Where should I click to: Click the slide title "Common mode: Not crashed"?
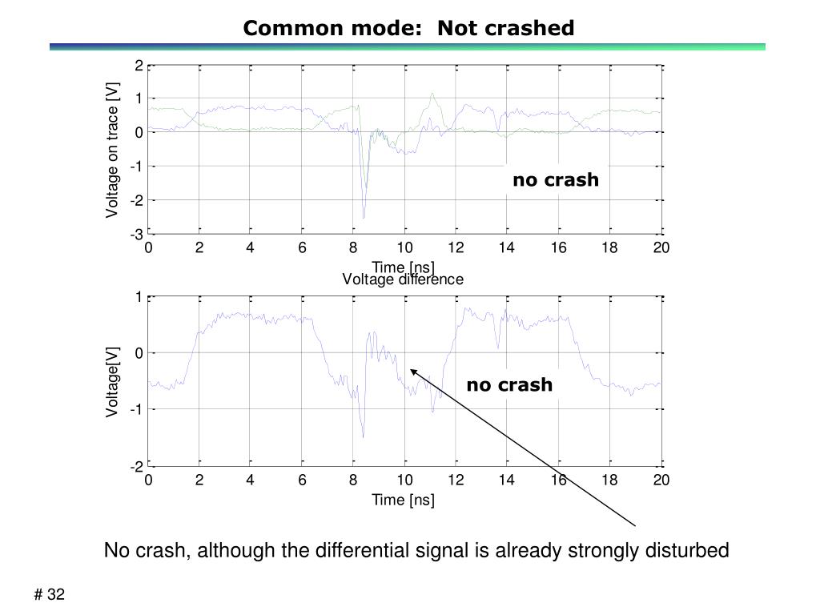(x=408, y=29)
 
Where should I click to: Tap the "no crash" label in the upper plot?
(x=556, y=180)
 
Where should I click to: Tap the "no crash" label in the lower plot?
(x=509, y=385)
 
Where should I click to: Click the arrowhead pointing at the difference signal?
(x=413, y=371)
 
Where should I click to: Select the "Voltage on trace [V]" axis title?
(x=113, y=150)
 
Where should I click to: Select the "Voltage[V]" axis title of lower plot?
(x=113, y=381)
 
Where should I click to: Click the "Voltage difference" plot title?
(x=403, y=279)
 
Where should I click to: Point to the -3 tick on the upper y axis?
(x=138, y=234)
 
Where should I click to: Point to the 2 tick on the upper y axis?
(x=139, y=66)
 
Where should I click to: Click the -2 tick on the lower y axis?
(x=138, y=466)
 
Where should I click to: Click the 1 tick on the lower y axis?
(x=139, y=297)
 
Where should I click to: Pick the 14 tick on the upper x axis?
(x=507, y=248)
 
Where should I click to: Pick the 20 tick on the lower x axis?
(x=661, y=480)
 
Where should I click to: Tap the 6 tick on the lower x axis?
(x=302, y=480)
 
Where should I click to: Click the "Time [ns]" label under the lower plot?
(x=403, y=500)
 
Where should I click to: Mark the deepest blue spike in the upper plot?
(x=364, y=216)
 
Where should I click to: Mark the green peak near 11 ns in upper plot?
(x=432, y=94)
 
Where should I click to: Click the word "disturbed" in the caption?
(x=691, y=551)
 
